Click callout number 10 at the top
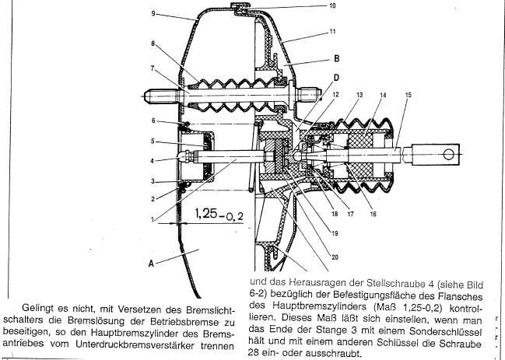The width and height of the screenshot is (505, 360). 332,5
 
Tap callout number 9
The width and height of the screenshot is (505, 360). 153,13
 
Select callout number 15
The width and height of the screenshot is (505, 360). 409,95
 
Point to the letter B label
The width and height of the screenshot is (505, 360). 337,58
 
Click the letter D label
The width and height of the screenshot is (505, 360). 336,78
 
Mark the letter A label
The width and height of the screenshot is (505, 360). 151,264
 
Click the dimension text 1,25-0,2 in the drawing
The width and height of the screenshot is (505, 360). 219,214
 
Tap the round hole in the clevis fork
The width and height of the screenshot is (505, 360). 448,155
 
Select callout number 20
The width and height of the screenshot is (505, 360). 335,257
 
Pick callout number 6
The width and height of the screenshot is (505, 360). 153,121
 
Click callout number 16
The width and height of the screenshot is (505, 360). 373,214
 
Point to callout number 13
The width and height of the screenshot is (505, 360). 359,95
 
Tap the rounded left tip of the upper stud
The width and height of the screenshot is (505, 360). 146,96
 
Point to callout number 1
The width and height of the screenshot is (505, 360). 153,220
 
